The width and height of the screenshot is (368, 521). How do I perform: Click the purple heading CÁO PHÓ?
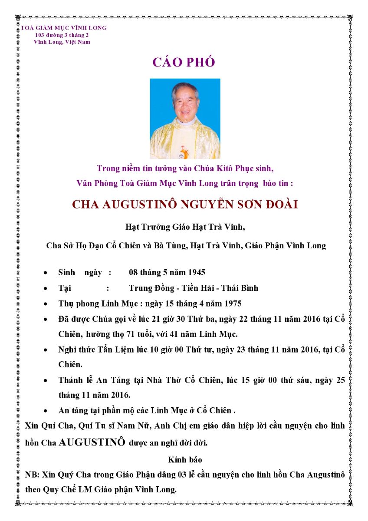[x=184, y=63]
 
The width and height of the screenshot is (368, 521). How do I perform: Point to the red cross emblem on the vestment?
[x=183, y=148]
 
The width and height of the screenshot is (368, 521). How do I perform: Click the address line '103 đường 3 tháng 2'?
[x=62, y=35]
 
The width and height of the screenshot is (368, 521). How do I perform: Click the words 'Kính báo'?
[x=184, y=459]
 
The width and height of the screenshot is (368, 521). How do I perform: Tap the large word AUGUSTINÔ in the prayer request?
[x=92, y=442]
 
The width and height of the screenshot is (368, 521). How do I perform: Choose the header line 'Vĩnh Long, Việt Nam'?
[x=62, y=42]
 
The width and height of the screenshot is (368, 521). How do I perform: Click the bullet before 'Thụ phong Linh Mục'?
[x=46, y=303]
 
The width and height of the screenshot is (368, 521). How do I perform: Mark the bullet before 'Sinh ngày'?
[x=46, y=273]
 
